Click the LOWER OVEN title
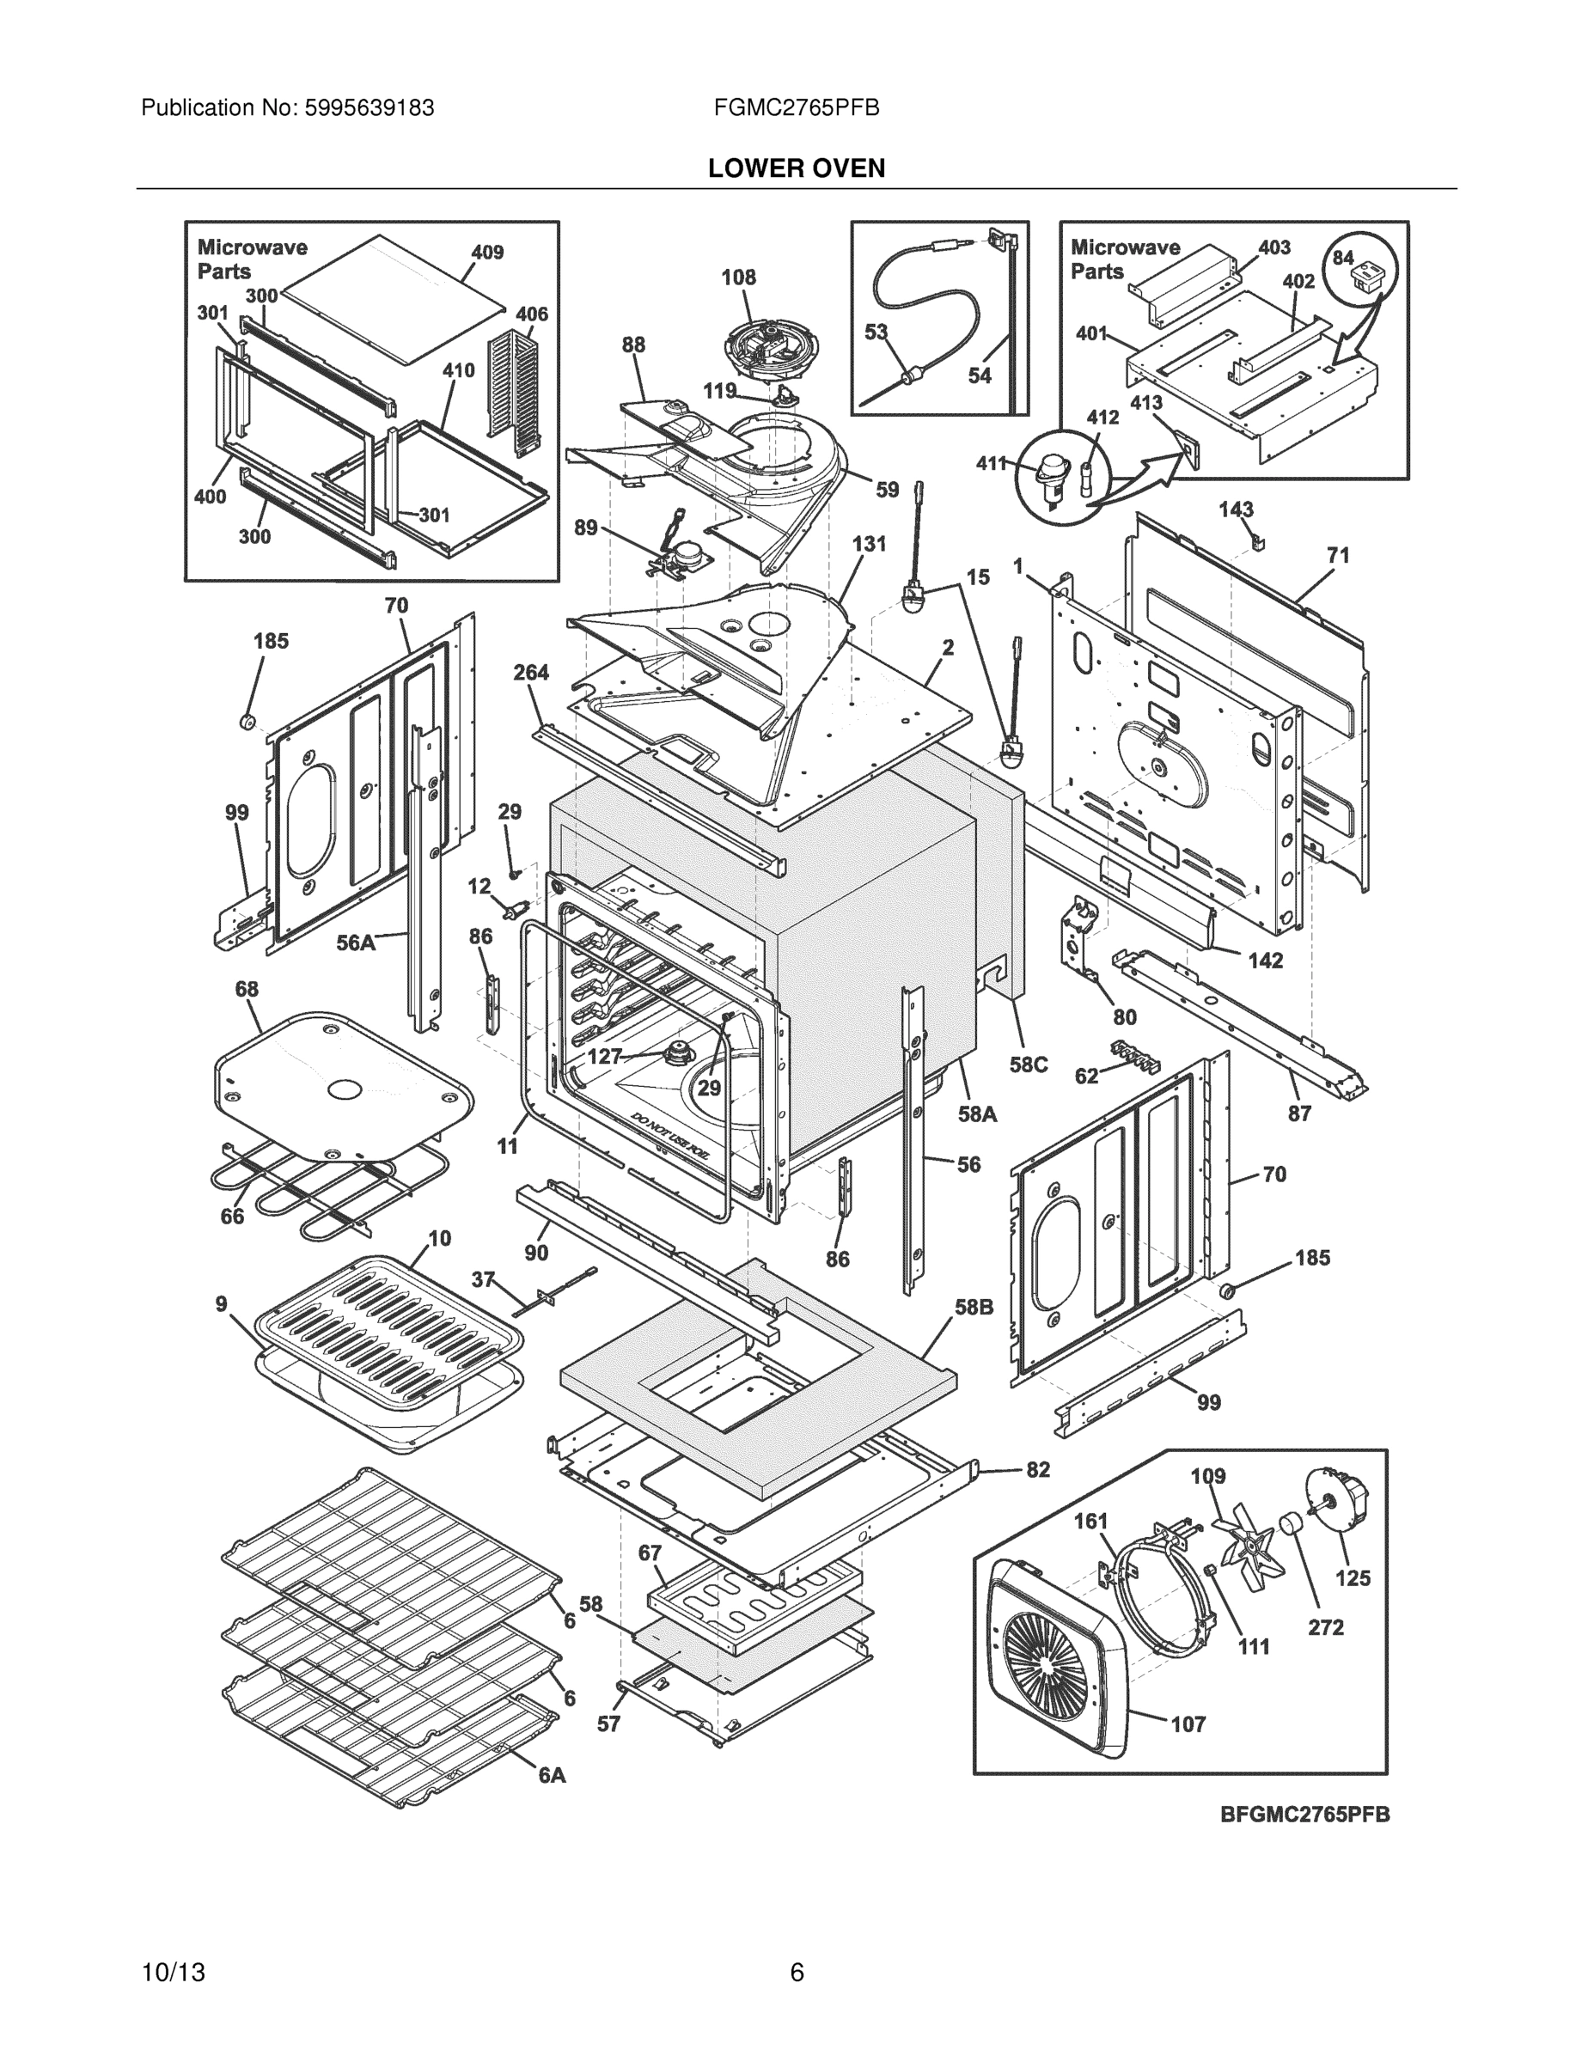(x=796, y=168)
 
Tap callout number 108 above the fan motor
(x=738, y=277)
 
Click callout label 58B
(x=974, y=1308)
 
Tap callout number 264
(x=531, y=672)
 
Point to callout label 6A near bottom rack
(x=552, y=1775)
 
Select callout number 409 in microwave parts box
(x=487, y=252)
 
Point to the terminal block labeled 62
(x=1136, y=1056)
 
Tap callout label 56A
(x=356, y=943)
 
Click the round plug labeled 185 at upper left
(x=247, y=723)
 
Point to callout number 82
(x=1037, y=1470)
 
